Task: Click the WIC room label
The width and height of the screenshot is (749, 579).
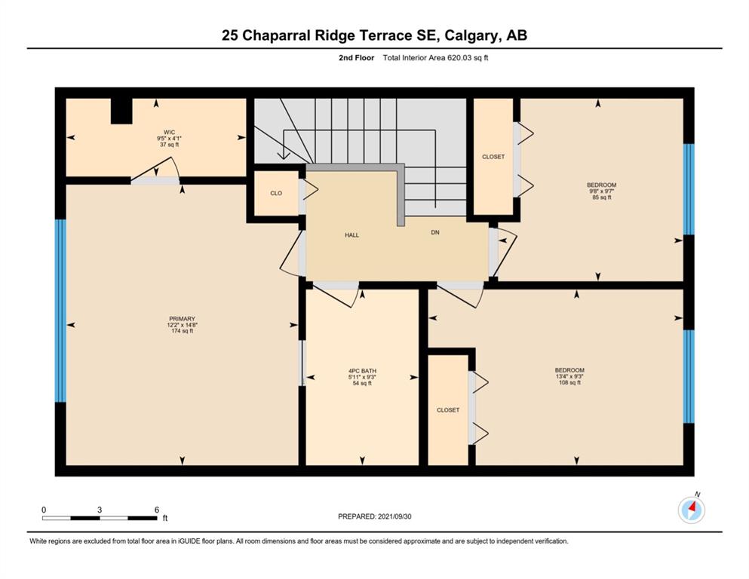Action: click(x=169, y=132)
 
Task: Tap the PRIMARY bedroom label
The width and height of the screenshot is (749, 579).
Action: click(x=182, y=319)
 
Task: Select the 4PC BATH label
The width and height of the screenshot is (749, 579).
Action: click(x=362, y=371)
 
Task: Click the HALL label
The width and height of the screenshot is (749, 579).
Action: click(x=352, y=235)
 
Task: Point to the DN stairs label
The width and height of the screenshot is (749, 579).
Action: click(x=435, y=232)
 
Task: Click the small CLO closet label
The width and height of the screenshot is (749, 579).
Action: click(x=276, y=193)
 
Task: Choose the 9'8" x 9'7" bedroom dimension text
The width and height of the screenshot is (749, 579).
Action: click(x=601, y=191)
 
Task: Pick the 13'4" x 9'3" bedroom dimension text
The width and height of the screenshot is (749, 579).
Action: click(x=569, y=376)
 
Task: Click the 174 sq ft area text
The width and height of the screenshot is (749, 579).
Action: click(x=182, y=331)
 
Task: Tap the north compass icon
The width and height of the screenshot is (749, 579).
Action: click(x=691, y=510)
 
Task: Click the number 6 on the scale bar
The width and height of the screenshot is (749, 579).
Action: click(x=157, y=510)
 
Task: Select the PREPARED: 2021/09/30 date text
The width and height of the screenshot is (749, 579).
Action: click(x=374, y=516)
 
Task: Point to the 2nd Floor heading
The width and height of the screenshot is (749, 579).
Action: click(x=356, y=58)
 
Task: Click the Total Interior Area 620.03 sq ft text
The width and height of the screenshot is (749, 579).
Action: click(x=436, y=58)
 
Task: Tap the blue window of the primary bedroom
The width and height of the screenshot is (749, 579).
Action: click(x=60, y=311)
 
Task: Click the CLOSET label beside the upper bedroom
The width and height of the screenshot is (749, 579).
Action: click(x=493, y=157)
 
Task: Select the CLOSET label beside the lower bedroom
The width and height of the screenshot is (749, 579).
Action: click(x=448, y=410)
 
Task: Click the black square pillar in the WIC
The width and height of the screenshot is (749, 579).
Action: click(x=121, y=111)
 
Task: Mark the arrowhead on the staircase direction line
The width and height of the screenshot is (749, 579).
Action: click(x=284, y=155)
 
